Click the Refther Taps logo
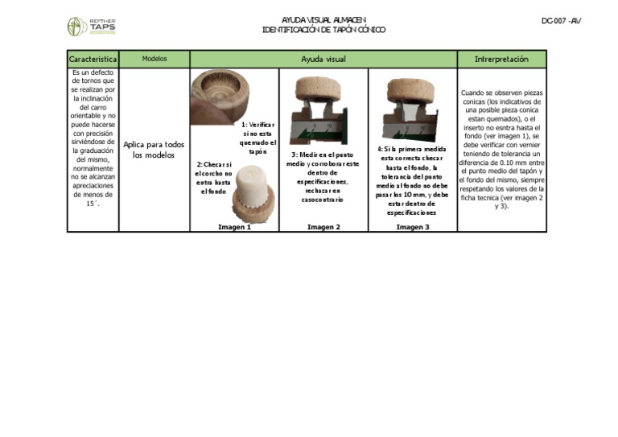point(91,27)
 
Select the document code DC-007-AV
point(561,21)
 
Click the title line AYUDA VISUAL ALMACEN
point(323,20)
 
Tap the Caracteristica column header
point(93,60)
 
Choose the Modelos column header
point(154,60)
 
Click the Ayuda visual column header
point(323,60)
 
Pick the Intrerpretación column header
point(501,60)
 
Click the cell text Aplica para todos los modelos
point(154,150)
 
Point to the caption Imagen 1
point(234,227)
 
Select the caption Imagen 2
point(323,227)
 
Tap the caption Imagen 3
point(412,227)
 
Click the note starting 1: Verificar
point(257,138)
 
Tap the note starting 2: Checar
point(213,177)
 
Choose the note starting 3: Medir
point(323,177)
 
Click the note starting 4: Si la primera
point(412,181)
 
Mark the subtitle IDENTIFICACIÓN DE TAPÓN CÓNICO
point(323,30)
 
